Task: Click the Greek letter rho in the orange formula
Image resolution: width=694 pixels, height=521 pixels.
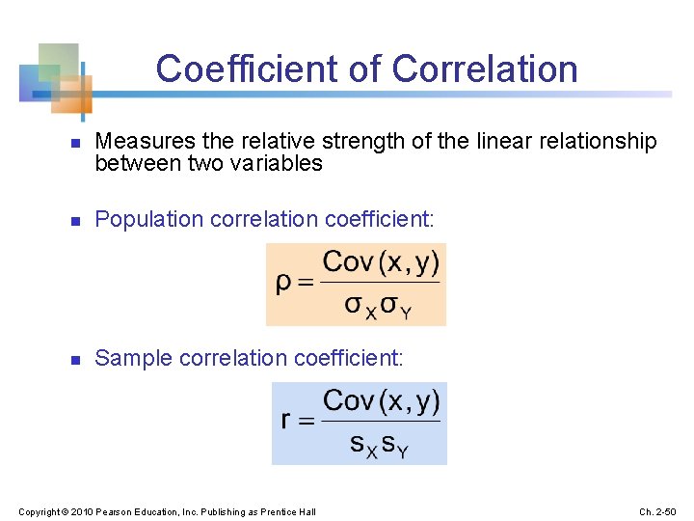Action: coord(284,284)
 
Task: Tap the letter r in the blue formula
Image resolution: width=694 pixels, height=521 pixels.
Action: coord(286,420)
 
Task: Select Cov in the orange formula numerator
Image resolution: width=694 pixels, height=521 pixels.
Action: coord(348,261)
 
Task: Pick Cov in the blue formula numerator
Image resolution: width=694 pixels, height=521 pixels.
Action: coord(349,399)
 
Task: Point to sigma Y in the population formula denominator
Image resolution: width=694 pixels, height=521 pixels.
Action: coord(395,306)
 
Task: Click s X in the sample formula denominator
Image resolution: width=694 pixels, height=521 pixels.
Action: coord(362,445)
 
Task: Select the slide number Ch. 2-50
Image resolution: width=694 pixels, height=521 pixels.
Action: coord(659,511)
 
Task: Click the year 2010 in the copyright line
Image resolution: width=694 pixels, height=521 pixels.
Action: coord(82,511)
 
